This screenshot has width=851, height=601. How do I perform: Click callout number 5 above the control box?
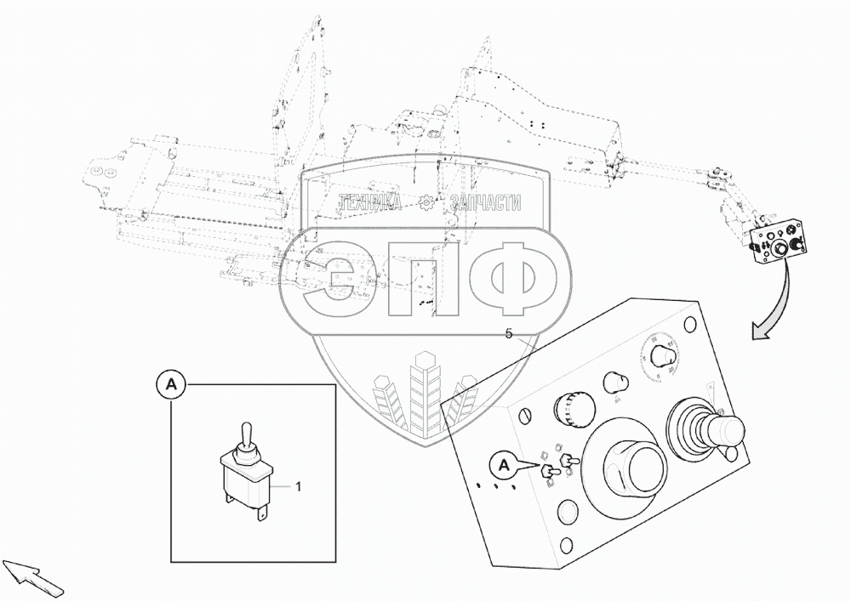(509, 334)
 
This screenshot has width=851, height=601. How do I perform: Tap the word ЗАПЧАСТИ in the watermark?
(487, 202)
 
